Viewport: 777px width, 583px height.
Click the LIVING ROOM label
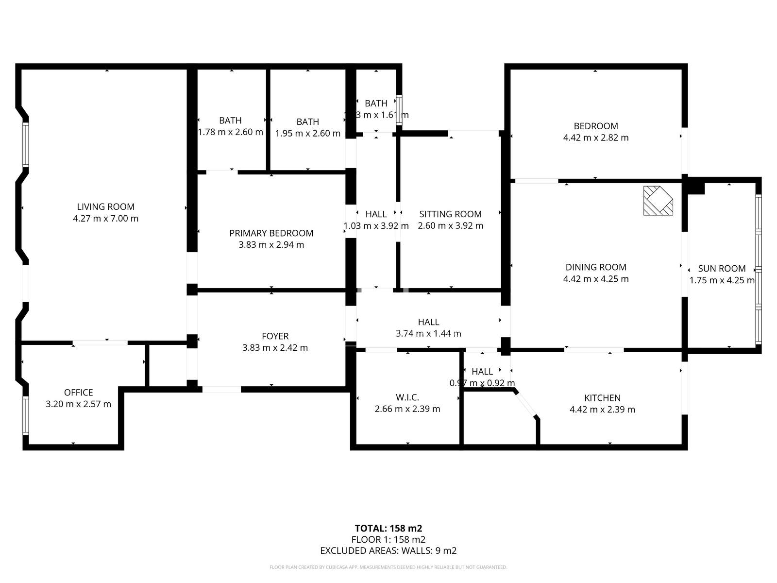tap(105, 207)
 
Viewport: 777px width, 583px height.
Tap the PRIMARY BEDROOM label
tap(271, 233)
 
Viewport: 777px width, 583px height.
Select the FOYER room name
tap(275, 336)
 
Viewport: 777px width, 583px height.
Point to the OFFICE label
tap(78, 393)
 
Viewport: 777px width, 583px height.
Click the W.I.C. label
tap(407, 397)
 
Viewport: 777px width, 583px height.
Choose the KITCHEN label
tap(602, 398)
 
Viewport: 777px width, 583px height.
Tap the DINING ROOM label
tap(595, 267)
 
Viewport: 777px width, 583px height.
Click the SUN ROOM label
tap(722, 269)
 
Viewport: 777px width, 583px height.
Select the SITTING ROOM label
tap(450, 214)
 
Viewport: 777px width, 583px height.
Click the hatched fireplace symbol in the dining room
tap(658, 200)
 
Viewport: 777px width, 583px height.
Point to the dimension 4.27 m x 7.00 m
tap(105, 219)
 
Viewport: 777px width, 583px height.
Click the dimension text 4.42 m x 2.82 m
tap(595, 138)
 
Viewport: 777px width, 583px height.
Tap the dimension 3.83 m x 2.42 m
tap(275, 348)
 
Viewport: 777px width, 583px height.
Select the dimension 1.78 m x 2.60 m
tap(230, 132)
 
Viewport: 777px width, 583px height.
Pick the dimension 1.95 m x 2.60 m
tap(307, 133)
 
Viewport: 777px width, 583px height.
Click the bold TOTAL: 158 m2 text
tap(388, 529)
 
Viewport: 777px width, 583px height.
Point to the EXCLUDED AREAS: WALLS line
tap(388, 551)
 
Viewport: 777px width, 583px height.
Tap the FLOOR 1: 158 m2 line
tap(388, 540)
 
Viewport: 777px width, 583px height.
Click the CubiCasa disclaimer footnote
tap(388, 567)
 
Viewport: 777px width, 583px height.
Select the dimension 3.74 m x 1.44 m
tap(428, 334)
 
